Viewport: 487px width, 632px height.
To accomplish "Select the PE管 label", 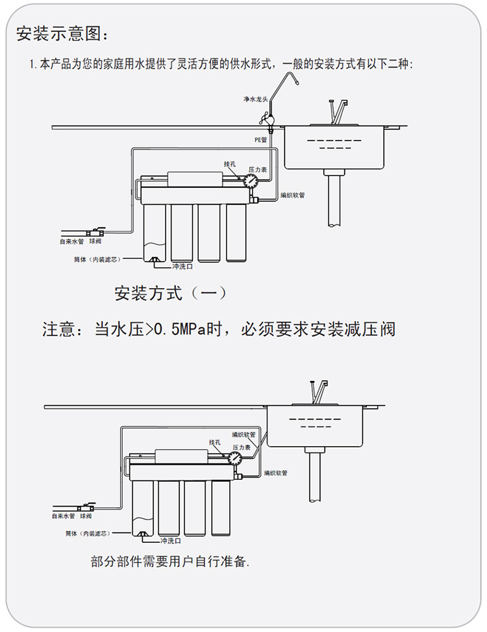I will click(x=260, y=139).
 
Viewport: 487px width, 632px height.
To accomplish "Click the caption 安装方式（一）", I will click(x=171, y=293).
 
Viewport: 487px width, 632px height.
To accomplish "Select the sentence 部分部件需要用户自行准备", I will click(x=170, y=561).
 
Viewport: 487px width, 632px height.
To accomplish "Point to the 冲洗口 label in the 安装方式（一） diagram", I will click(x=182, y=267).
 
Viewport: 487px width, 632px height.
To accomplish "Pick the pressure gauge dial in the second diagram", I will click(x=235, y=458).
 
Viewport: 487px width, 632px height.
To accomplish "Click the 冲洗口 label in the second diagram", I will click(x=169, y=540).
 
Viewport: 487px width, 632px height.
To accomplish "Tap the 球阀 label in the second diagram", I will click(x=86, y=516).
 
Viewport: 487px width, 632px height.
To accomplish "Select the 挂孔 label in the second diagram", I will click(x=216, y=442).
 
